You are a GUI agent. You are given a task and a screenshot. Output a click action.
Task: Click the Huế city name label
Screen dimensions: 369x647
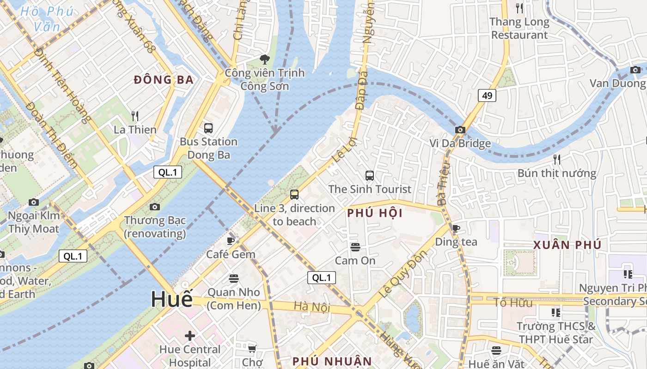coord(171,300)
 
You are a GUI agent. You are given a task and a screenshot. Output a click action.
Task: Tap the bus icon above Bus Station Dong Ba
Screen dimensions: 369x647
coord(208,128)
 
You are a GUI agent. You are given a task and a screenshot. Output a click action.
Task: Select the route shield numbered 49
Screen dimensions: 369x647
coord(487,95)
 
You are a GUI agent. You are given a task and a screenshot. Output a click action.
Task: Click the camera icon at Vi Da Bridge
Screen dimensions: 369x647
coord(460,130)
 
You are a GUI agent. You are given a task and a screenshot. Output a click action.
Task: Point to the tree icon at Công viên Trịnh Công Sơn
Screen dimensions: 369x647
coord(265,59)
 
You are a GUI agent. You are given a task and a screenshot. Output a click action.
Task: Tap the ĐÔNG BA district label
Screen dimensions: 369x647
coord(164,80)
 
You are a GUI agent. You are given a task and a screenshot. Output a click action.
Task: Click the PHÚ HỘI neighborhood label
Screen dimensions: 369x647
coord(375,213)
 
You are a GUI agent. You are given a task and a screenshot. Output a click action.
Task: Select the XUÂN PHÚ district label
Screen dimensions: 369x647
coord(568,245)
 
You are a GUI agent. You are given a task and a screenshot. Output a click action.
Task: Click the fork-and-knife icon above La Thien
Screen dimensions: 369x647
coord(135,115)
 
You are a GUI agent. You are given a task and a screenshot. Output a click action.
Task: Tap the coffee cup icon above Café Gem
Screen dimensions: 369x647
coord(231,240)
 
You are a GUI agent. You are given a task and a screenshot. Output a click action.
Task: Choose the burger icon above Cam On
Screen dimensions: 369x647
coord(355,247)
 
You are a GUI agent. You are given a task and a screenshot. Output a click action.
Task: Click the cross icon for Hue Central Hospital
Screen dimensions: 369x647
coord(190,335)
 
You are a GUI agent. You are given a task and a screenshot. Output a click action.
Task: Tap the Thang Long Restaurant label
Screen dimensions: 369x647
coord(519,28)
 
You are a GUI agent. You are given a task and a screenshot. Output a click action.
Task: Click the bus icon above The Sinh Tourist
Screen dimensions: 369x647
coord(370,175)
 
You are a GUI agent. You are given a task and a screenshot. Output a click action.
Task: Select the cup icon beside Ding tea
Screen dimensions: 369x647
coord(456,228)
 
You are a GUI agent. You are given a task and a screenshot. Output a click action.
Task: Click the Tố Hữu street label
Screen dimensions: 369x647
coord(513,303)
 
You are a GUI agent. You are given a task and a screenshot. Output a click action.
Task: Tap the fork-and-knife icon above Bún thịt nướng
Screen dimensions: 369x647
coord(557,160)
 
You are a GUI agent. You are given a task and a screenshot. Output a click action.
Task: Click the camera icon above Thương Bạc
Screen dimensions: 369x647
coord(155,207)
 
